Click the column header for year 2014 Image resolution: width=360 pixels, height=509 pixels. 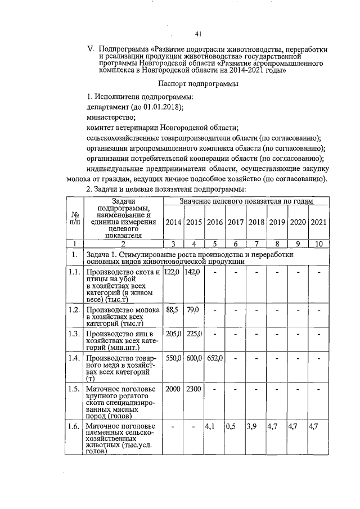pos(174,222)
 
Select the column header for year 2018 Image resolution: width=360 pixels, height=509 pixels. pos(256,222)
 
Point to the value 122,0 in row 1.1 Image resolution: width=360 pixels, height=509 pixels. pos(172,272)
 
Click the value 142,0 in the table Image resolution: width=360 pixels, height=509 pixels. pos(192,272)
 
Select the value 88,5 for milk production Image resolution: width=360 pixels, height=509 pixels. pos(171,309)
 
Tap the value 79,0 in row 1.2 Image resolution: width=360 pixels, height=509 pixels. pos(192,309)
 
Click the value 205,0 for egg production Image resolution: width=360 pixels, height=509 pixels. pos(172,334)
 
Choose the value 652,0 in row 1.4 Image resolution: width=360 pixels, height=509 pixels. pos(214,358)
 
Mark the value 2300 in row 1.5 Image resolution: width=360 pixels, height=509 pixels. pos(193,389)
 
